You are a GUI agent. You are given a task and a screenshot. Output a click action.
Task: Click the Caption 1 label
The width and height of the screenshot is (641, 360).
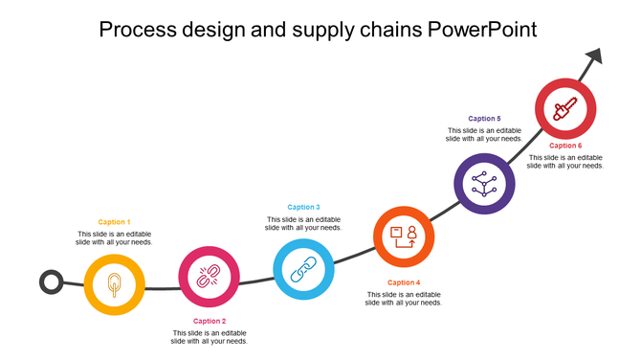pos(114,222)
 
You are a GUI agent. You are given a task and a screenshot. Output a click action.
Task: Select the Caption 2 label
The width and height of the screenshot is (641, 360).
pos(210,321)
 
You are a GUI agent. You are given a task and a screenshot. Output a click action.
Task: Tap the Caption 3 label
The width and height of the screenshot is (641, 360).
pos(303,207)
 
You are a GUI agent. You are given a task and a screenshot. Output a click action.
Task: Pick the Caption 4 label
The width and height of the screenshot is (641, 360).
pos(403,282)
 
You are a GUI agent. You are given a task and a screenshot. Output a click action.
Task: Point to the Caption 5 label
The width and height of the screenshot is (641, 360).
pos(484,118)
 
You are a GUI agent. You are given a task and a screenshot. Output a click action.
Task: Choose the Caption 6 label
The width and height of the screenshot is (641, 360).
pos(565,146)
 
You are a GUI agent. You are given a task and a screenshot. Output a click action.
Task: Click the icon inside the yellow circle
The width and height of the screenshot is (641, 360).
pos(114,284)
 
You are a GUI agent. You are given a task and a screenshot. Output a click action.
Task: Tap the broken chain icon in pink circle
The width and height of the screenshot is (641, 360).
pos(209,278)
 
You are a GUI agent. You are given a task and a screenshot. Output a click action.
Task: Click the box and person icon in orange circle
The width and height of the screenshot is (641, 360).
pos(404,236)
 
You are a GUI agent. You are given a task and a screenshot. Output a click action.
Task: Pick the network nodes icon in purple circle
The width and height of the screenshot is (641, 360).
pos(484,183)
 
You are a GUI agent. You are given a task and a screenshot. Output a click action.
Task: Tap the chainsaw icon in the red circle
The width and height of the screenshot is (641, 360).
pos(565,108)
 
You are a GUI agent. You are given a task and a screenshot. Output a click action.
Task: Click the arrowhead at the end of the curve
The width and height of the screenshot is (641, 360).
pos(594,58)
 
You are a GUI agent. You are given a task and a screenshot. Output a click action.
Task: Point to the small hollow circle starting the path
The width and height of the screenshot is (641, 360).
pos(51,282)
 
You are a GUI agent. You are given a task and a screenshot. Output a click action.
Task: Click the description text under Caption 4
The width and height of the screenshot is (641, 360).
pos(403,299)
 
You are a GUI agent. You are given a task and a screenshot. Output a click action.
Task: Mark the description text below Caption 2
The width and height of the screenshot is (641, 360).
pos(210,337)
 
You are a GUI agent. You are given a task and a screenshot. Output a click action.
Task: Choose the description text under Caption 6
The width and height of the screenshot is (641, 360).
pos(565,162)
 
